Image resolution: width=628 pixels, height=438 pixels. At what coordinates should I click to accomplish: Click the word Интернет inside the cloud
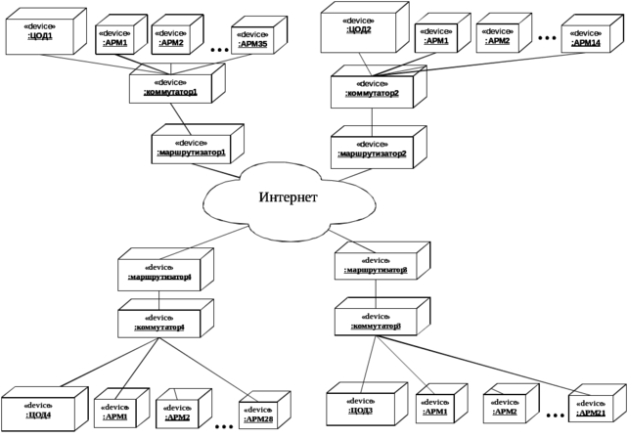coord(288,198)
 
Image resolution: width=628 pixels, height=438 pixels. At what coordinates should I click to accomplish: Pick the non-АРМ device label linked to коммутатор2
coord(361,25)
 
